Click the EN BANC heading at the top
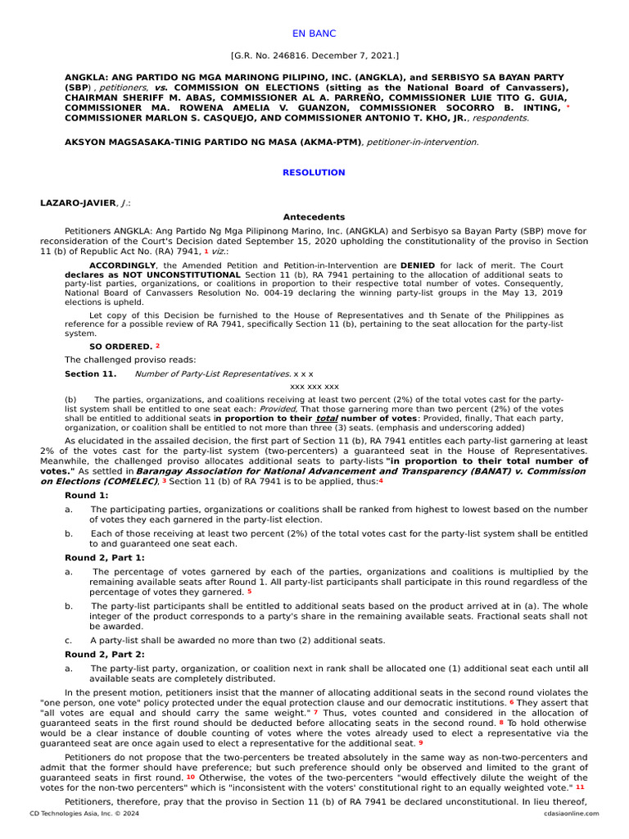(x=314, y=34)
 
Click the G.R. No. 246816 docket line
(x=314, y=56)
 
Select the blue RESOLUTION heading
(x=314, y=173)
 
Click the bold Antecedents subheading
(x=314, y=217)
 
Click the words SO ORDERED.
(x=120, y=347)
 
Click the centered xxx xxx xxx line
(x=314, y=386)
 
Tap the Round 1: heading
(x=86, y=496)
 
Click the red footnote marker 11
(x=580, y=787)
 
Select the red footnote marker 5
(x=249, y=591)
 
